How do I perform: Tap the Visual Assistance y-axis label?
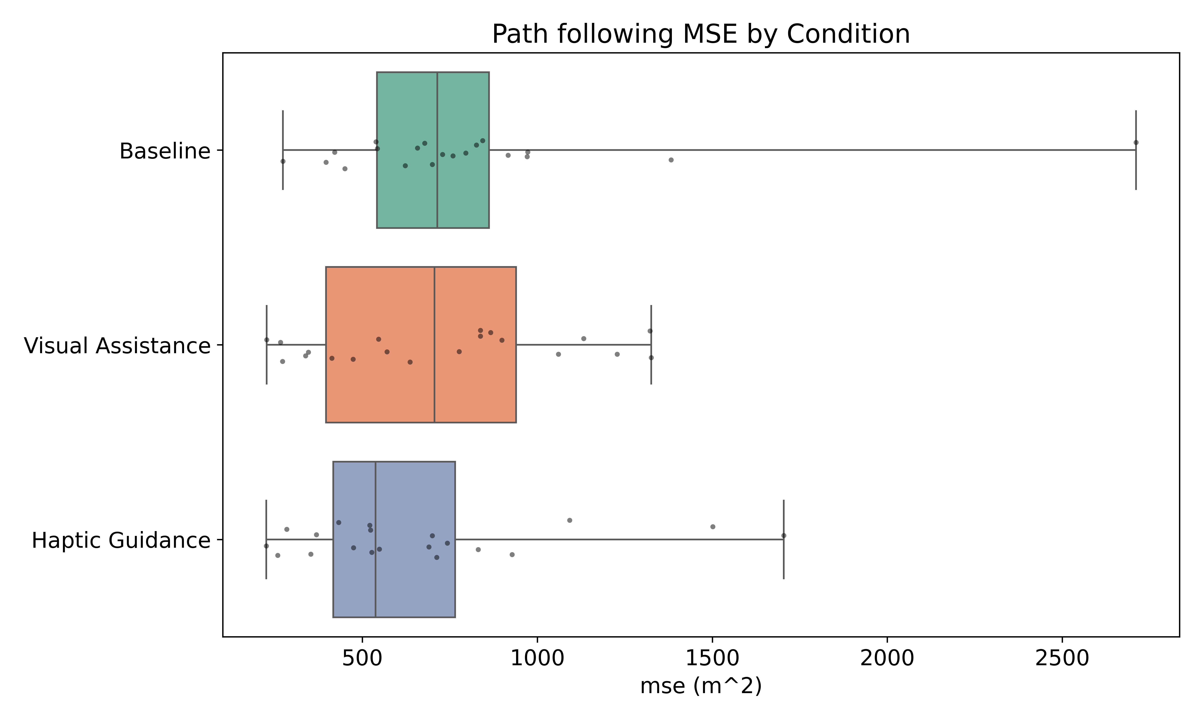(x=117, y=346)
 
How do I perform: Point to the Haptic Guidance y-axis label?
(x=121, y=540)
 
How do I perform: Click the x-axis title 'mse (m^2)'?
(x=701, y=686)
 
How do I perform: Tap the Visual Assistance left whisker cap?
(x=266, y=345)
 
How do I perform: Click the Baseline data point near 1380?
(x=671, y=160)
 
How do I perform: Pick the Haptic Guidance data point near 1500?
(x=713, y=526)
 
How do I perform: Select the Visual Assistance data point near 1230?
(x=617, y=354)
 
